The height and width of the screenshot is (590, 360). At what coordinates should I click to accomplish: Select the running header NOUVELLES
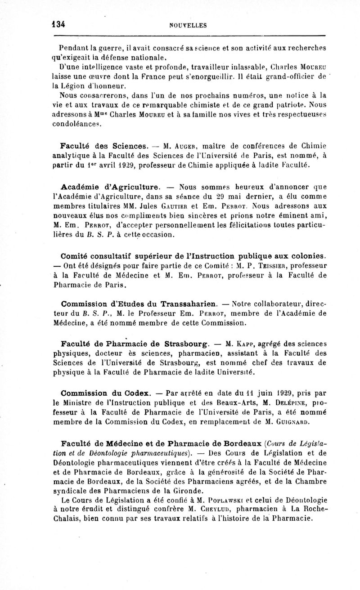point(188,26)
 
